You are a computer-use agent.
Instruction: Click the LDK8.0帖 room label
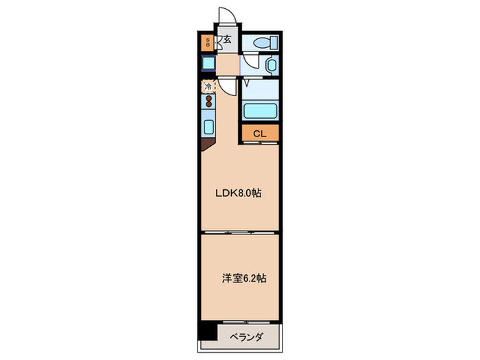tap(239, 193)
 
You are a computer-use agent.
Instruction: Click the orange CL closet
tap(259, 134)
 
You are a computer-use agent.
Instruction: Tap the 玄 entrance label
tap(227, 41)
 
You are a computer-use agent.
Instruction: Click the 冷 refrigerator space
tap(208, 87)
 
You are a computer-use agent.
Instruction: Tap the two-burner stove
tap(208, 103)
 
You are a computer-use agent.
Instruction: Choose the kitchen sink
tap(208, 128)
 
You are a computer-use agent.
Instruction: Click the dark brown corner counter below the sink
tap(206, 145)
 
